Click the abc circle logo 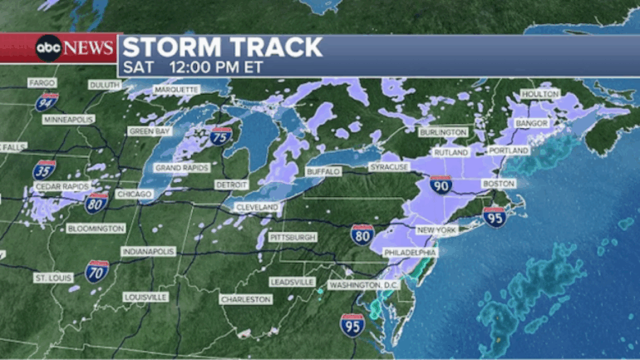(47, 48)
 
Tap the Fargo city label (42, 83)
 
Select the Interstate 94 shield (47, 102)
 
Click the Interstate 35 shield (47, 170)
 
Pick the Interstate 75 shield (220, 136)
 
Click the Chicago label (135, 195)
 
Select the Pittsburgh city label (293, 238)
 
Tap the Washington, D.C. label (365, 284)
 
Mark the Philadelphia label (410, 252)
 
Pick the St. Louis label (52, 277)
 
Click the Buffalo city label (323, 171)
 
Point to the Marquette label (176, 90)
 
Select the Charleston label (245, 299)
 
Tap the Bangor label (532, 123)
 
